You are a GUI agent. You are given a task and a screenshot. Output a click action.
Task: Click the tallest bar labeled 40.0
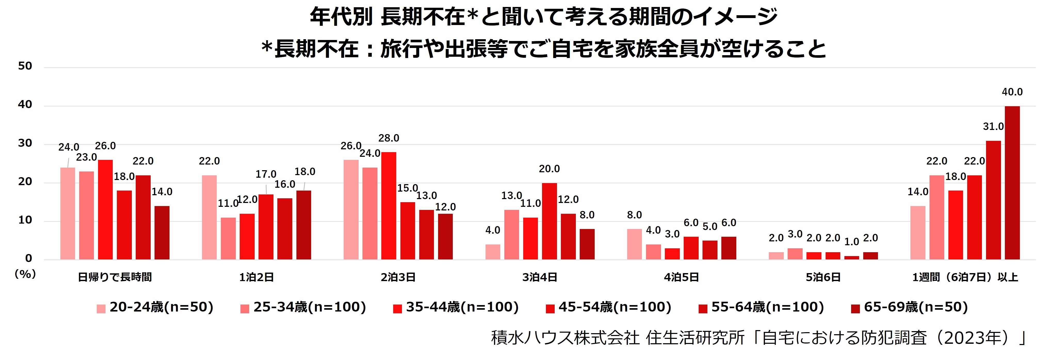[x=1012, y=183]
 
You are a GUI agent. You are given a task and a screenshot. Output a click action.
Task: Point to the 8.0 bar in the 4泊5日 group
[x=634, y=244]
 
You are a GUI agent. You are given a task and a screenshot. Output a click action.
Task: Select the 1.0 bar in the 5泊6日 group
[x=851, y=258]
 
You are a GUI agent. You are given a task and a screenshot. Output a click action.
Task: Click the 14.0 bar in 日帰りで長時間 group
[x=162, y=233]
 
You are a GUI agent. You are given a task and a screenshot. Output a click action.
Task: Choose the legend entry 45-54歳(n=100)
[x=609, y=307]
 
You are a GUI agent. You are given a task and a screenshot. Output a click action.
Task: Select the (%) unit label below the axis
[x=25, y=274]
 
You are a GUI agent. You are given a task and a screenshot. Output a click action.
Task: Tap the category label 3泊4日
[x=539, y=277]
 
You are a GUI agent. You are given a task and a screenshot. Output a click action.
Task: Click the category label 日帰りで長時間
[x=115, y=277]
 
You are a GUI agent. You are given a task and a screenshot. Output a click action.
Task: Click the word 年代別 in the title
[x=341, y=17]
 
